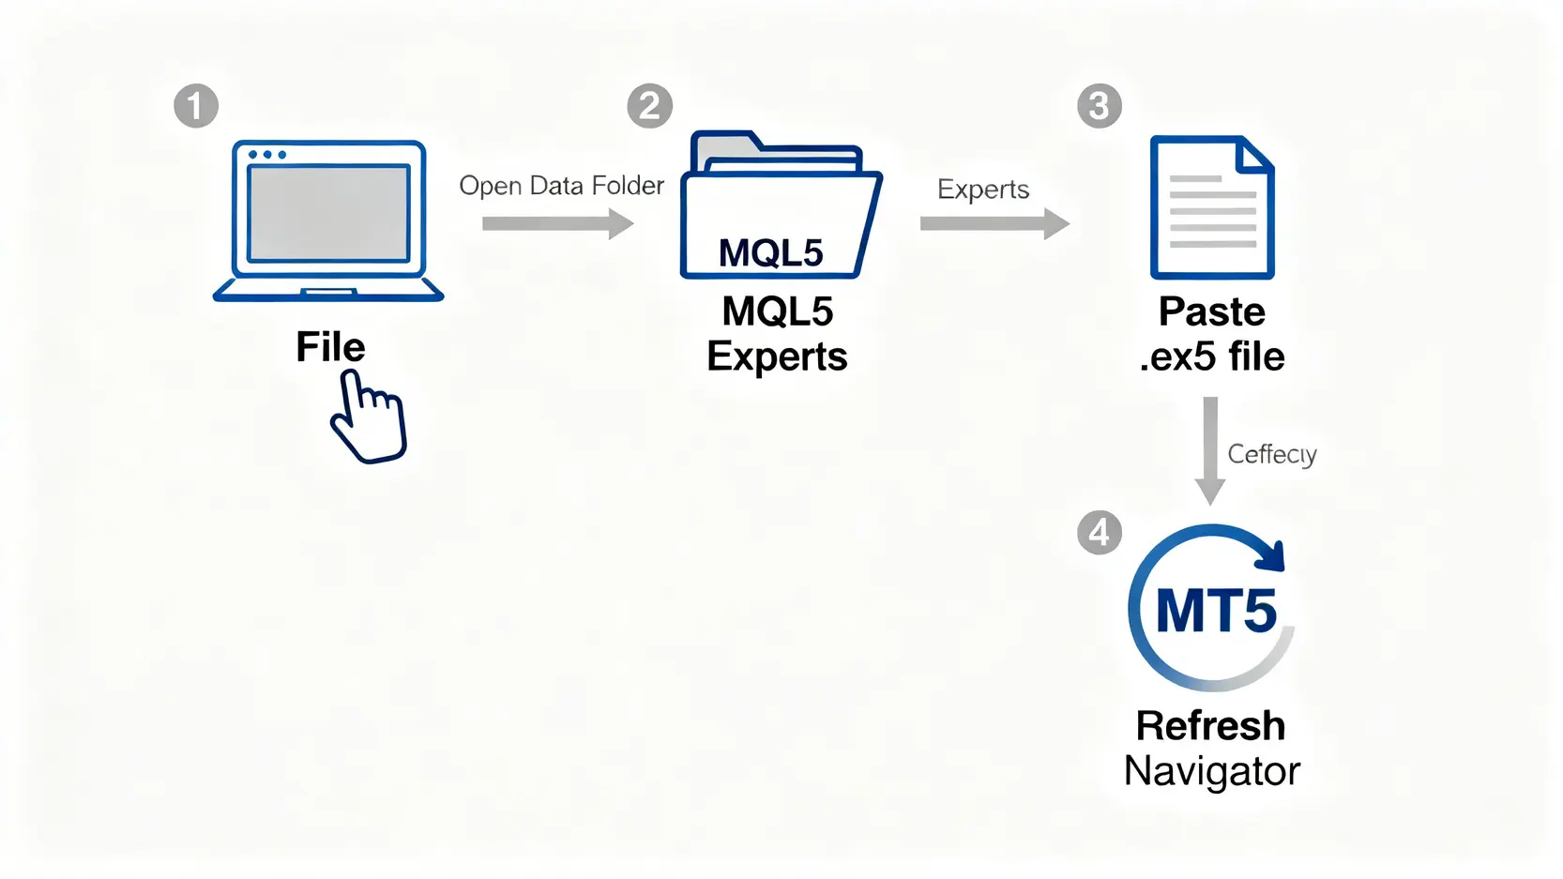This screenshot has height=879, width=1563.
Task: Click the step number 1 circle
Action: [x=196, y=105]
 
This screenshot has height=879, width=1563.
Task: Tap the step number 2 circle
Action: [x=649, y=106]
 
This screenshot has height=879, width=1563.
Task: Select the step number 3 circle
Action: [x=1099, y=106]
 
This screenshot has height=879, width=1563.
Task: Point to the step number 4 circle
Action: [x=1099, y=532]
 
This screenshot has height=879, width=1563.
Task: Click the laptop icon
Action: [x=328, y=220]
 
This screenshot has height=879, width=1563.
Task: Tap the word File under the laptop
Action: [x=330, y=347]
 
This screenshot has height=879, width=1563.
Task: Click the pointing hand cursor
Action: [x=369, y=417]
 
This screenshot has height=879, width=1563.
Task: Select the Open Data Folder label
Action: [x=561, y=186]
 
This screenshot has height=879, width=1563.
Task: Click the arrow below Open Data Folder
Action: [x=557, y=223]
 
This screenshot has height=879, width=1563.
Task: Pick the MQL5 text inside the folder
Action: [x=770, y=253]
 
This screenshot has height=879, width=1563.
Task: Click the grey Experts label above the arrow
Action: [x=983, y=189]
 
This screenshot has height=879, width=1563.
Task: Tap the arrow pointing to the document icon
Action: [x=994, y=223]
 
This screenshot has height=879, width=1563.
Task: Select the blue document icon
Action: [x=1211, y=207]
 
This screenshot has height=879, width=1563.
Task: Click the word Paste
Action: [x=1211, y=311]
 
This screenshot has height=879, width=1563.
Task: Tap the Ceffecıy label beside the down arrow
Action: [x=1271, y=454]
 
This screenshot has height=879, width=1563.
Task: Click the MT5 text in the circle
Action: [x=1216, y=611]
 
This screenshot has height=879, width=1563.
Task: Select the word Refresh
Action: [x=1210, y=725]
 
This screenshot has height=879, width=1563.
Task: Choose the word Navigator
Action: [x=1211, y=771]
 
